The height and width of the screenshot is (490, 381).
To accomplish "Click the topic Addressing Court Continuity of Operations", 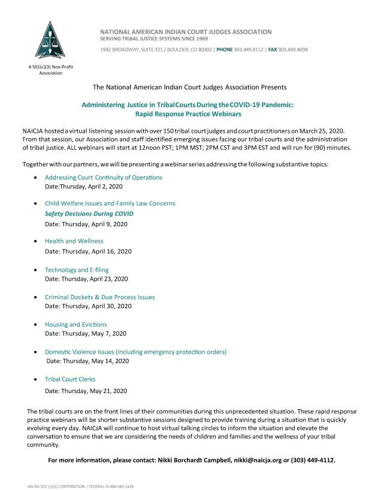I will tap(103, 178).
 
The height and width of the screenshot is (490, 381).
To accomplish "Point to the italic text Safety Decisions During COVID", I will tap(89, 214).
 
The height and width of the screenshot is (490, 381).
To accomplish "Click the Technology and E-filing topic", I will tap(77, 270).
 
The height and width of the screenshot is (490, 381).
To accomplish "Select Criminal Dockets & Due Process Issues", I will tap(99, 297).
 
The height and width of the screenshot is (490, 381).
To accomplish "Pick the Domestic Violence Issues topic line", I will tap(135, 352).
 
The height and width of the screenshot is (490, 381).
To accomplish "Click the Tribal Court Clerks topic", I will tap(70, 379).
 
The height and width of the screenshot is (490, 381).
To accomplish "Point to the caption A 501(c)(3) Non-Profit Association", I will tap(42, 69).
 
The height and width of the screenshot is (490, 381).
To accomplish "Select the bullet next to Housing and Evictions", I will tap(38, 324).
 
